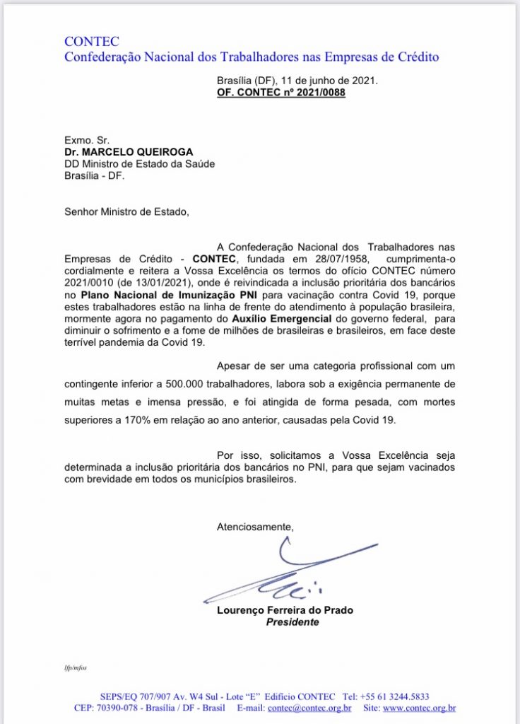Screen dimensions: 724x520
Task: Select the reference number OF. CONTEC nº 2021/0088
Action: (281, 93)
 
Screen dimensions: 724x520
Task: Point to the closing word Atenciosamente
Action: (254, 526)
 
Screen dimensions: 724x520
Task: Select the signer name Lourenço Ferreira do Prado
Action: (285, 610)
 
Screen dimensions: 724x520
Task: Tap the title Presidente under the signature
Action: (292, 622)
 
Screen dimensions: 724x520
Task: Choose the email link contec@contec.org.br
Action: (309, 708)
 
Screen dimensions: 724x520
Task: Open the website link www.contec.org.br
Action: (419, 708)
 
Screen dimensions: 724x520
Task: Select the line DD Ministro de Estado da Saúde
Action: (139, 164)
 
